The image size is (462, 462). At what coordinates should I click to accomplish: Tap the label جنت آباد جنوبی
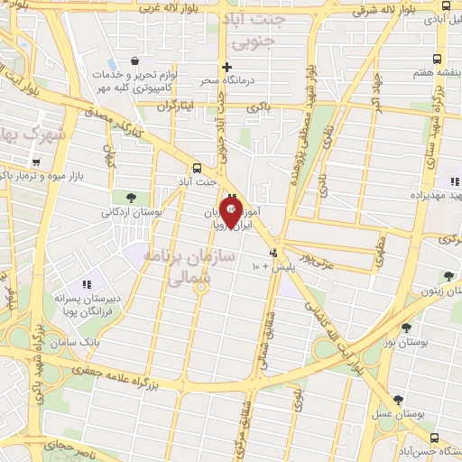257,29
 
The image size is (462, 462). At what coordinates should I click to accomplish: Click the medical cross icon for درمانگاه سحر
226,66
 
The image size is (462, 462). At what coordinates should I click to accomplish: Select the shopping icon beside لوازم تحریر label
134,60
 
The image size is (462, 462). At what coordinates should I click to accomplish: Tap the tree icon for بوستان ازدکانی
132,198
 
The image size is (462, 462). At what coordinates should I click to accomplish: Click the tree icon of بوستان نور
405,328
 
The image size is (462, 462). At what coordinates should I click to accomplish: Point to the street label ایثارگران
176,106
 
